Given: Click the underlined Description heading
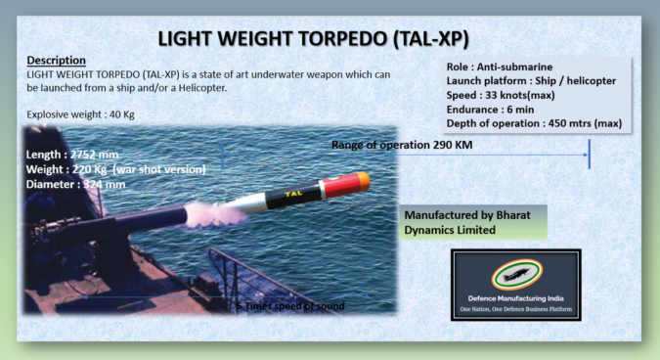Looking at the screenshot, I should [x=57, y=61].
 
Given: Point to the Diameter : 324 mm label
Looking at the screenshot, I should [x=77, y=184].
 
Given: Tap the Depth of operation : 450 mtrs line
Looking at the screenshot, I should [x=533, y=123].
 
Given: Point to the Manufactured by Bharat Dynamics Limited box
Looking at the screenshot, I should [x=473, y=222].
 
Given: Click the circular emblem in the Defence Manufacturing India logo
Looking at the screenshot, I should [x=516, y=271].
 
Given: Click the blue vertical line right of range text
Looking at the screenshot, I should [x=590, y=154].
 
